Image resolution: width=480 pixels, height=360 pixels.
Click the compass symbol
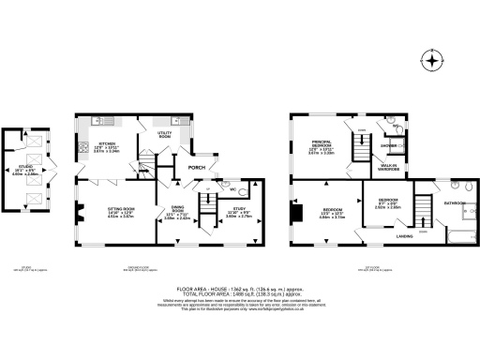[432, 61]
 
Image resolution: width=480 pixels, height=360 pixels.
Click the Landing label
[404, 237]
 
